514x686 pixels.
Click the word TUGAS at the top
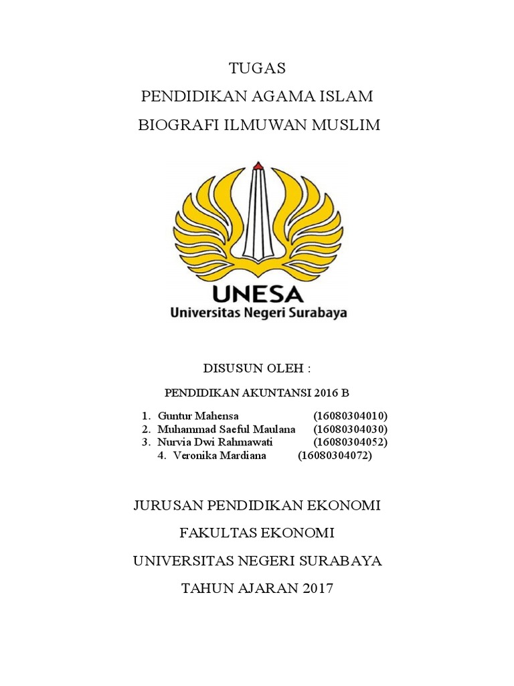pos(257,68)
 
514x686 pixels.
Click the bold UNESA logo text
pos(258,293)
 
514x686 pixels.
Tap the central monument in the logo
pos(258,214)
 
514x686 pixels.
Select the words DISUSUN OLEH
pos(257,368)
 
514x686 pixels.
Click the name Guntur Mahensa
pos(197,415)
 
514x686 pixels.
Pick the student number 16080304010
pos(351,415)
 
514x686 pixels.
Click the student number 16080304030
pos(351,429)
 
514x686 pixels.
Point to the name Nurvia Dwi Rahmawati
pos(215,442)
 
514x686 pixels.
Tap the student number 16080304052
pos(351,442)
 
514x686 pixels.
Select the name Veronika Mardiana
pos(220,456)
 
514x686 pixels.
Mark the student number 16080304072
pos(335,456)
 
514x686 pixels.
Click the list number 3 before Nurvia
pos(145,442)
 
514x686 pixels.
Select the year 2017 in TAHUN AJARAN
pos(317,589)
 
